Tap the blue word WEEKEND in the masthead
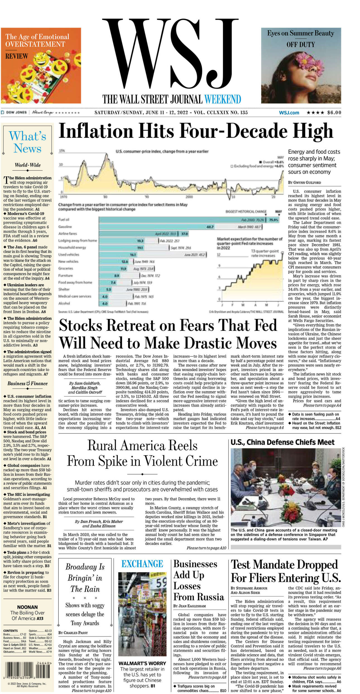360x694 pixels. click(x=222, y=99)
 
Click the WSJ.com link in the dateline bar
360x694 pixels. click(x=289, y=113)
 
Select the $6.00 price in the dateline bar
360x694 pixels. click(x=334, y=113)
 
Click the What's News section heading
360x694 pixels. click(x=27, y=142)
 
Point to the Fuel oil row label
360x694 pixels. click(x=64, y=220)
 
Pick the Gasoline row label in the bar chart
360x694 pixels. click(x=65, y=226)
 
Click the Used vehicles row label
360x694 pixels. click(x=69, y=254)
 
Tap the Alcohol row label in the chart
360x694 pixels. click(x=64, y=303)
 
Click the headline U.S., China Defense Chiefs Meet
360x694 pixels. click(x=282, y=442)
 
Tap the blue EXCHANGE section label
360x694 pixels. click(x=142, y=564)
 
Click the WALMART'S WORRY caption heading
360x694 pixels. click(x=142, y=663)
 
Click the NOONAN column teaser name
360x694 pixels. click(x=27, y=607)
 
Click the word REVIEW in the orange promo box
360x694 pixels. click(x=17, y=56)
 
